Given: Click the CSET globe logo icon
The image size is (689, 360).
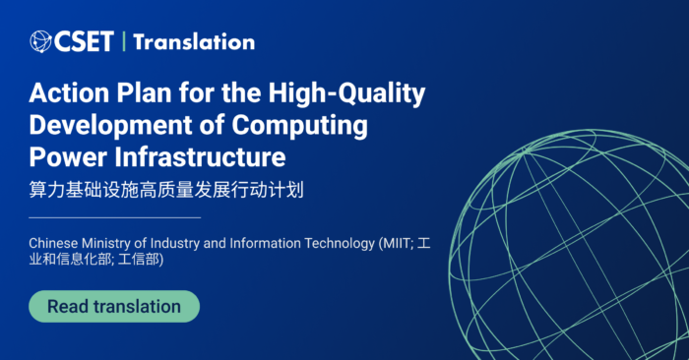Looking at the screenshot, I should tap(40, 41).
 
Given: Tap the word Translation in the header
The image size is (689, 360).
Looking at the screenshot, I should tap(193, 41).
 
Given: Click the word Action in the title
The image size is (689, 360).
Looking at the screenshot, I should tap(65, 94).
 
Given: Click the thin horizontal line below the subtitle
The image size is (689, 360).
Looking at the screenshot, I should tap(114, 216).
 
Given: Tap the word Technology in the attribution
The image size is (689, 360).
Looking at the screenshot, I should tap(332, 242).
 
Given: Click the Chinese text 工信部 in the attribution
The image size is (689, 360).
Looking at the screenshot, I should tap(140, 261).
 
